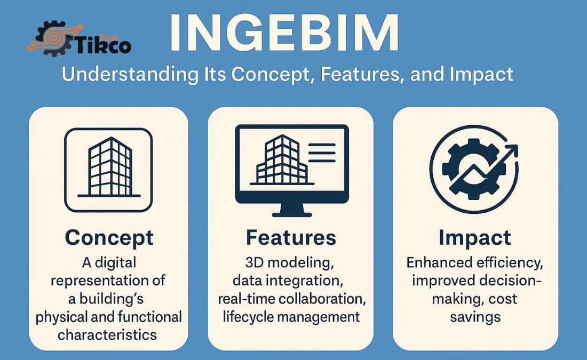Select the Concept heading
pyautogui.click(x=109, y=238)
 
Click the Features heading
pyautogui.click(x=291, y=238)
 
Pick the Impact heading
pyautogui.click(x=475, y=238)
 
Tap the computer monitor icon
pyautogui.click(x=291, y=163)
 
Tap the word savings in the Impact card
pyautogui.click(x=475, y=317)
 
